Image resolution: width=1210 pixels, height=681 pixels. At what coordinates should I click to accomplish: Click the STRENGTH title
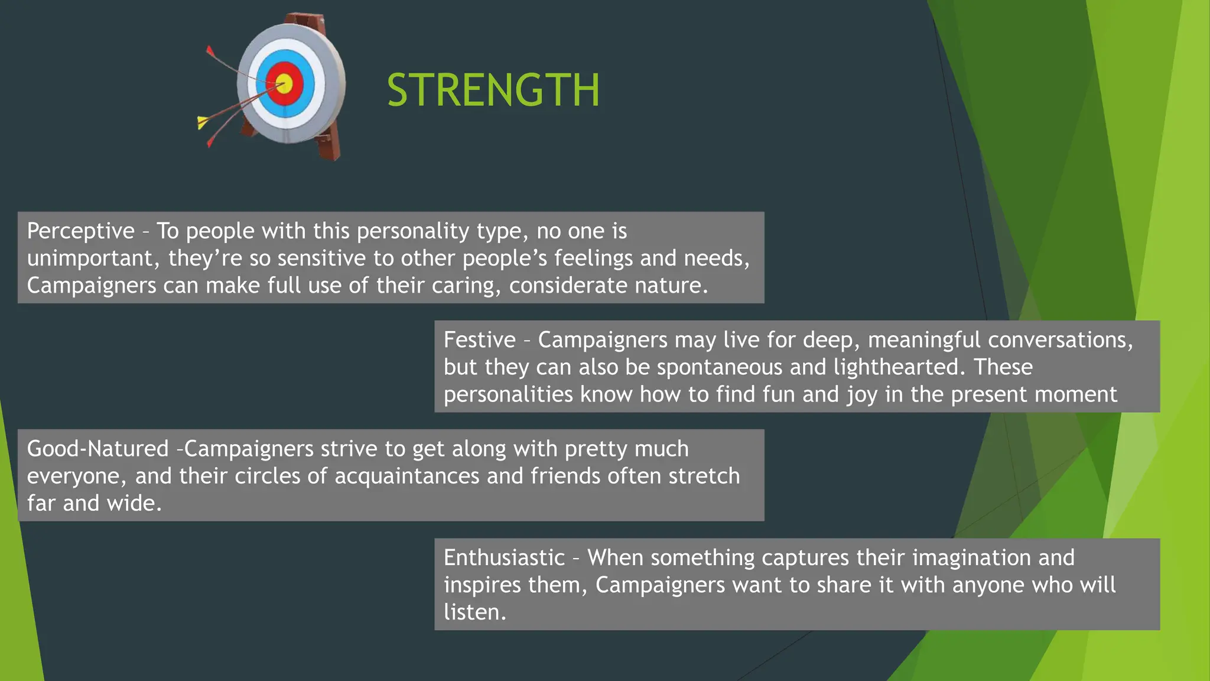click(493, 90)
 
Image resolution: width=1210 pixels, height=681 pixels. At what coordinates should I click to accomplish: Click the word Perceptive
click(81, 231)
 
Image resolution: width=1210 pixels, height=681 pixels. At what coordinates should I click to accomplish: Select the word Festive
click(479, 340)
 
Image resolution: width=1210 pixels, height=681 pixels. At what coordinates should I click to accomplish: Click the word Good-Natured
click(97, 449)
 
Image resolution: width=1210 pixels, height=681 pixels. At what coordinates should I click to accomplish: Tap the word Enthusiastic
click(504, 557)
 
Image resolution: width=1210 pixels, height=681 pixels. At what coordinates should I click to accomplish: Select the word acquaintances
click(406, 476)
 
